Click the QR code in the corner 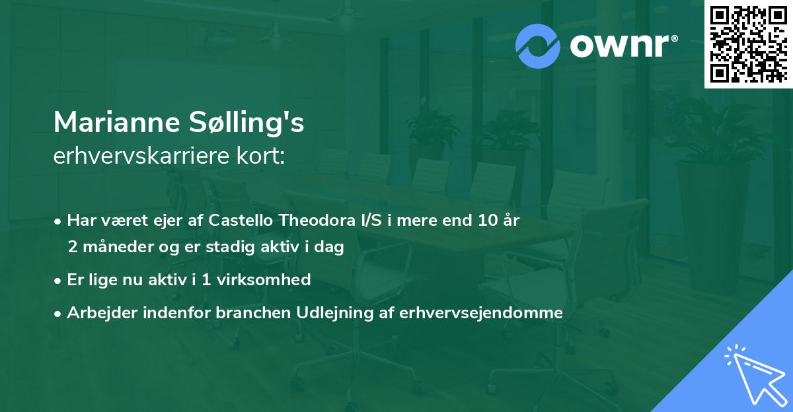(x=748, y=44)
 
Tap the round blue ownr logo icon (x=537, y=46)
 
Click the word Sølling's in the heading (x=248, y=122)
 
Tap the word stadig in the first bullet (x=238, y=247)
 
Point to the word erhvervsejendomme (x=481, y=313)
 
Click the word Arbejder (x=99, y=313)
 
